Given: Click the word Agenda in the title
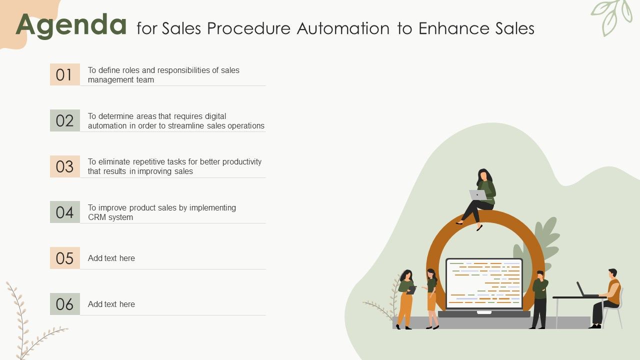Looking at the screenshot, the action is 71,25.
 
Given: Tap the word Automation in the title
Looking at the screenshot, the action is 343,28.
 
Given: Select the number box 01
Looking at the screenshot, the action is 65,74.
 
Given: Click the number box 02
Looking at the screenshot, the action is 65,120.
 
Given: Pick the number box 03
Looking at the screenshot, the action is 65,166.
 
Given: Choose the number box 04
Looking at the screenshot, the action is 65,212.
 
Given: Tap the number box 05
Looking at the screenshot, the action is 65,258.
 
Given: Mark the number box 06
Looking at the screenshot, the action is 65,304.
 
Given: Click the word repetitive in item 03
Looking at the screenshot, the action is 148,162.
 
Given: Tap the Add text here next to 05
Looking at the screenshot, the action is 111,258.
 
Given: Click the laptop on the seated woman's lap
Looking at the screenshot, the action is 477,195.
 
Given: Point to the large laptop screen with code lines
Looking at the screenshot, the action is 484,283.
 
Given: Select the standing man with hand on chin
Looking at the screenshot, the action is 539,299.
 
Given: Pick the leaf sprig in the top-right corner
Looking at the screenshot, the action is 611,16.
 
